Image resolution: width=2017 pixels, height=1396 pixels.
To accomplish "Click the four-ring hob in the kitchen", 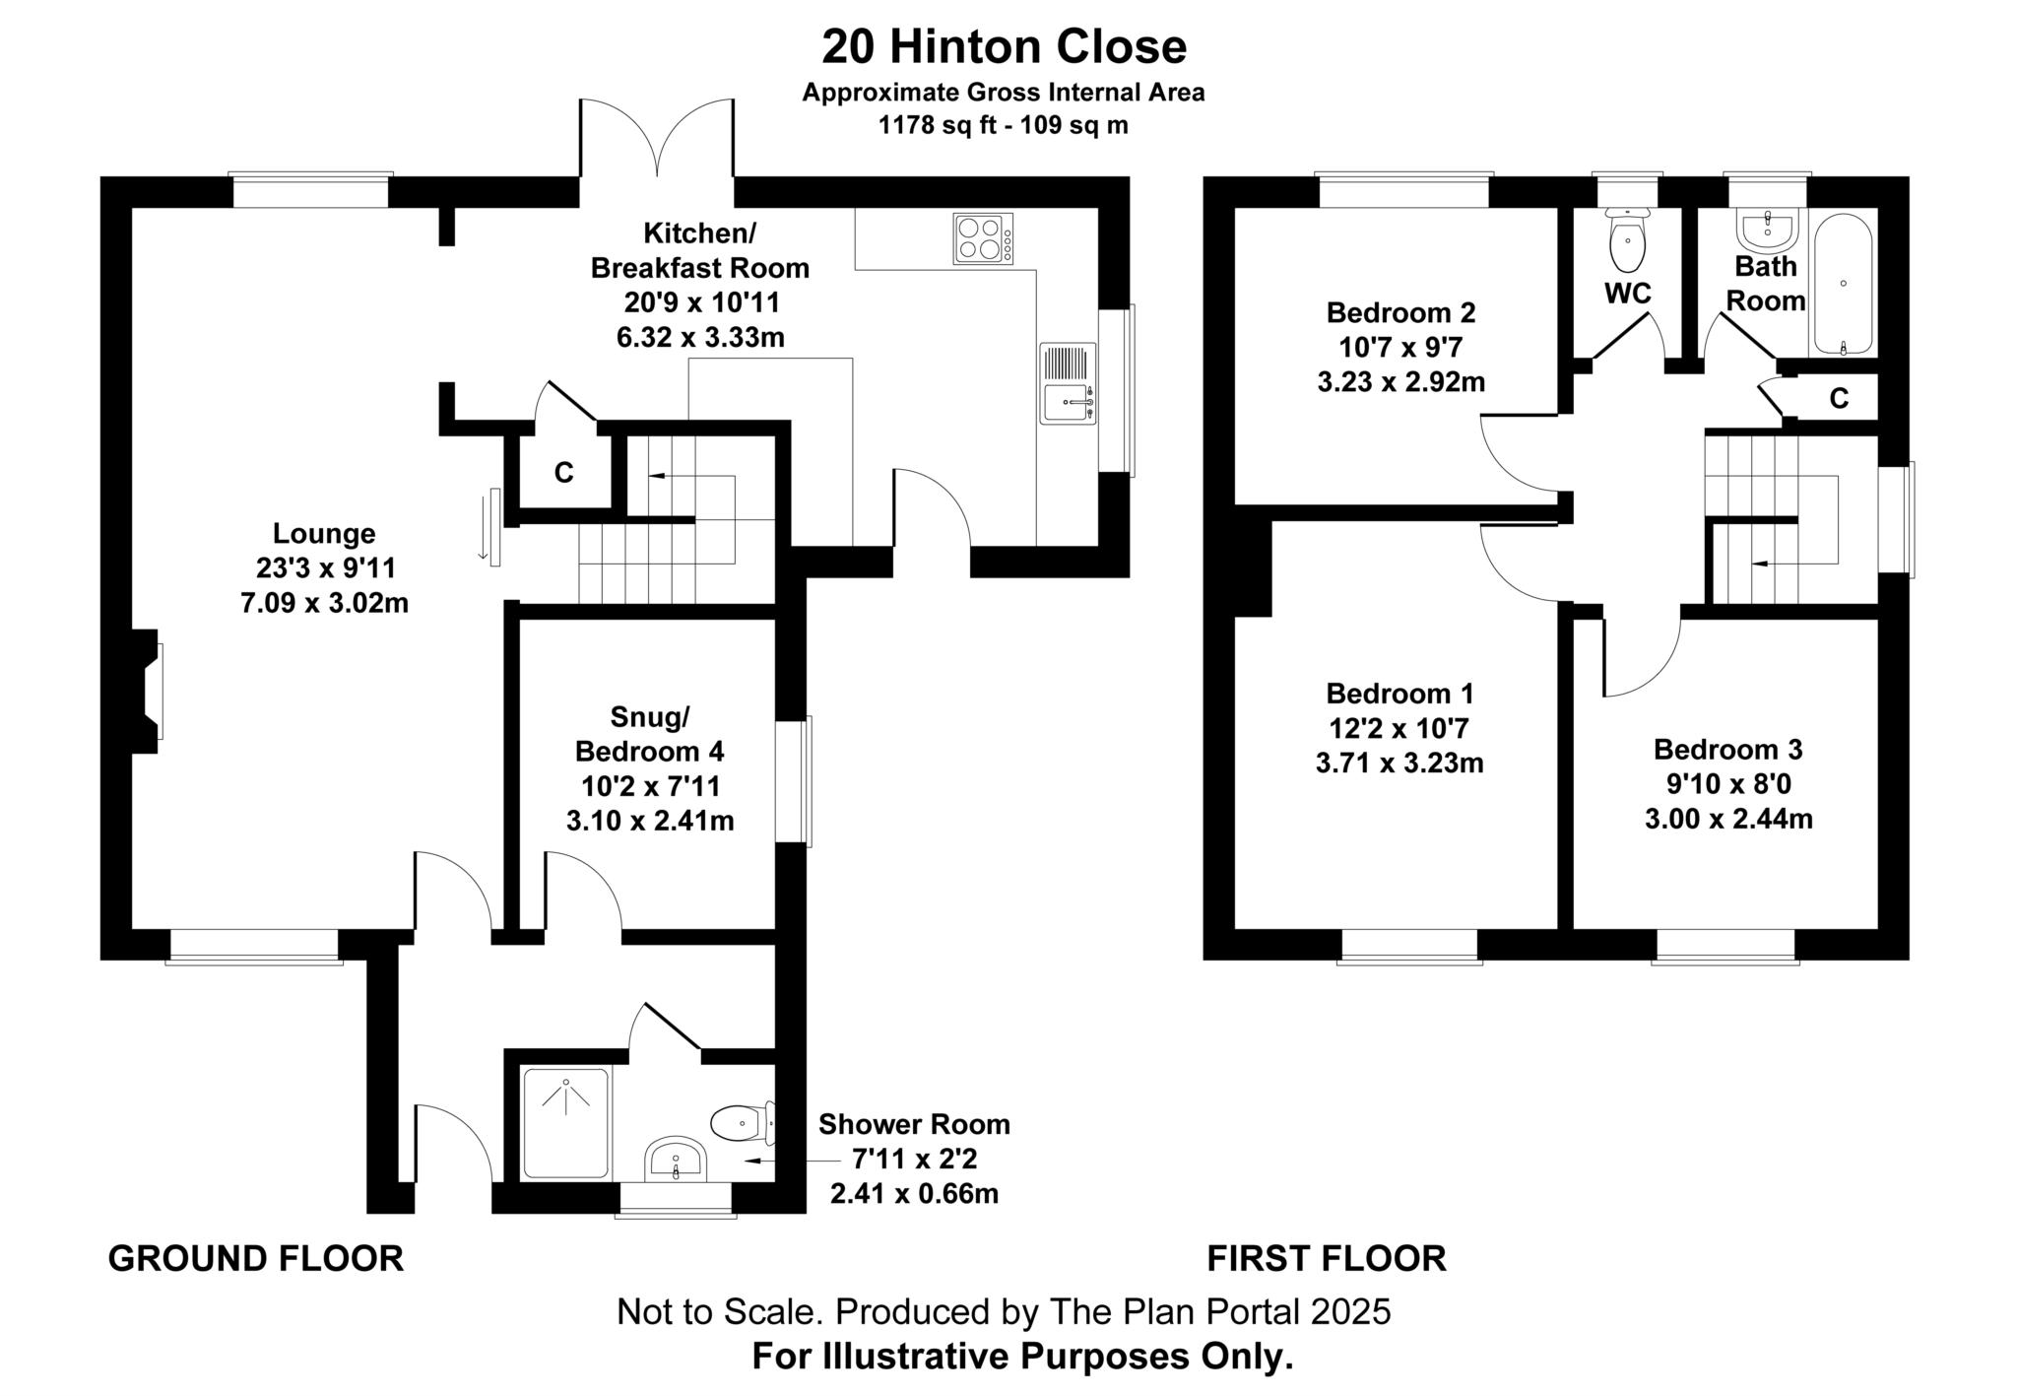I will pos(982,238).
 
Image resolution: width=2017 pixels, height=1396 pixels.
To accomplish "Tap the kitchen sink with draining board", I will pos(1068,383).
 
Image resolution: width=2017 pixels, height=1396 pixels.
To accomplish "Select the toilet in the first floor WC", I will pos(1627,239).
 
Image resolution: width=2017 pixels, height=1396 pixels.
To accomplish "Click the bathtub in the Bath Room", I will pos(1843,285).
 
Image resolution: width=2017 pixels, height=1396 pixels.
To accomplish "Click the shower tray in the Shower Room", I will pos(566,1122).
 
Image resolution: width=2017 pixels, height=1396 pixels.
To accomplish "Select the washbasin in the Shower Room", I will pos(675,1160).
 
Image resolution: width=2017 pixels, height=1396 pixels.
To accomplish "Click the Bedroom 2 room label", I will pos(1400,313).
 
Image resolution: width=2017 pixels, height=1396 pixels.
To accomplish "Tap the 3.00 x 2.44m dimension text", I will pos(1728,819).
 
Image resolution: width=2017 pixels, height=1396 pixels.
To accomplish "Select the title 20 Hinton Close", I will pos(1004,47).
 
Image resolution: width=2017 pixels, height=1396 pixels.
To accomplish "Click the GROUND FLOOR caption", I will pos(255,1258).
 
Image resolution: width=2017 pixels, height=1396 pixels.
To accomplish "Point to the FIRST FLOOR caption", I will pos(1327,1258).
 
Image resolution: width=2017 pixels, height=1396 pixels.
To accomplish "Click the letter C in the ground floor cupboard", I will pos(563,474).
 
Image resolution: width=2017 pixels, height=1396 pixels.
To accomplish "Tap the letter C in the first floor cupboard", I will pos(1838,398).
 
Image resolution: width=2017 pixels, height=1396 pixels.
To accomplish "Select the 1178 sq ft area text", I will pos(1003,125).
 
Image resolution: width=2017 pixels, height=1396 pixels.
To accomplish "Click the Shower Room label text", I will pos(914,1124).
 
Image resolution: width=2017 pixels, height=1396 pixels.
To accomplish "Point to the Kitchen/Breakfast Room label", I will pos(699,250).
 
